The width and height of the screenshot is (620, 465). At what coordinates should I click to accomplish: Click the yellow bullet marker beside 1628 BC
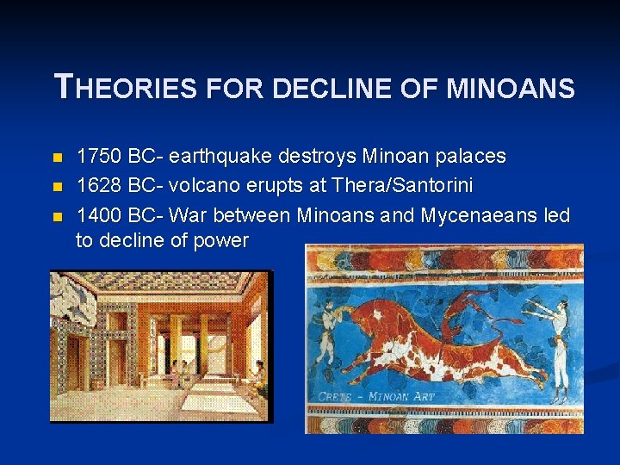tap(58, 186)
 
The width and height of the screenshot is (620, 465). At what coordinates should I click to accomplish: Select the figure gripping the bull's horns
tap(325, 332)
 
